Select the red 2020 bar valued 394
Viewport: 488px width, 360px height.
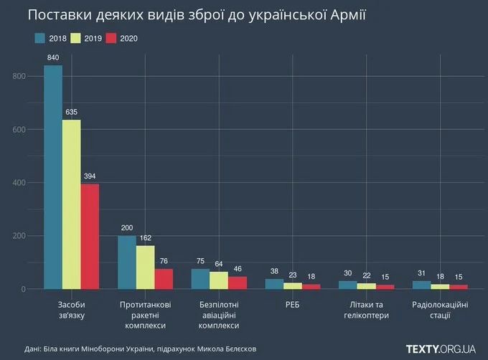coord(90,237)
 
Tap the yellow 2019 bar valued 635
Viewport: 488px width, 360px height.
coord(72,204)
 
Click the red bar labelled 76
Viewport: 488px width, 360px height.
coord(164,279)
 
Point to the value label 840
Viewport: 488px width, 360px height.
coord(53,57)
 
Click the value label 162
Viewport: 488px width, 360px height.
coord(146,238)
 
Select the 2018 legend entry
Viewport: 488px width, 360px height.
coord(54,38)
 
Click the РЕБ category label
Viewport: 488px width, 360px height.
coord(293,305)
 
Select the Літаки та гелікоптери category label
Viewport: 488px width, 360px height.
coord(367,310)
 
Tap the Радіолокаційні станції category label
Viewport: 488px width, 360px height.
coord(440,310)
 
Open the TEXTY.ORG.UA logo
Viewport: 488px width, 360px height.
coord(441,349)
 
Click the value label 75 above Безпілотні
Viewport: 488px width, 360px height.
coord(200,261)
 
